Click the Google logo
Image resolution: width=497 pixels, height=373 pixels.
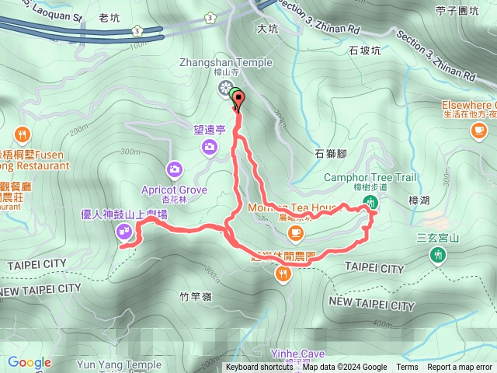[x=30, y=362]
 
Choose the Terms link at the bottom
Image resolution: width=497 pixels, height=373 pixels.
[x=407, y=368]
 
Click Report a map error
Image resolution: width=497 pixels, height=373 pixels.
[x=460, y=368]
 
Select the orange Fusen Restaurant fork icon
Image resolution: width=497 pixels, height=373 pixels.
[x=22, y=133]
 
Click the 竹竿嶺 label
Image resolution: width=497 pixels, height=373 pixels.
[x=195, y=295]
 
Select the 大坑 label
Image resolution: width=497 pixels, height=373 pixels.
[x=267, y=29]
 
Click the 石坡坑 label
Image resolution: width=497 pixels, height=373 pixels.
[x=364, y=51]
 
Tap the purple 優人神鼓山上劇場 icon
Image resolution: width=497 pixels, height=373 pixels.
[x=124, y=230]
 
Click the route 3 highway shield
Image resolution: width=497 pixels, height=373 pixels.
[x=137, y=30]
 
